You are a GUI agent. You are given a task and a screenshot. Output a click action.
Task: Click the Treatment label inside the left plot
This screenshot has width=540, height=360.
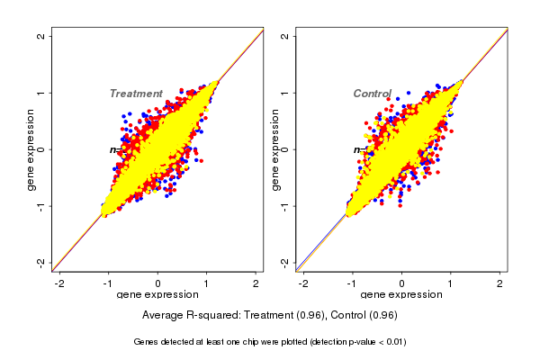click(x=136, y=94)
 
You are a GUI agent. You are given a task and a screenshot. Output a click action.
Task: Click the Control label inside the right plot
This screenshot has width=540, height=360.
click(x=372, y=94)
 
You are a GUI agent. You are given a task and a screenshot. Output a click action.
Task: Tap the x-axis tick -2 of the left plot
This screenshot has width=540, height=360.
click(x=59, y=283)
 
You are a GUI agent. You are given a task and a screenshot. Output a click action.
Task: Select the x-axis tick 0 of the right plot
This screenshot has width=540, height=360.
click(x=401, y=283)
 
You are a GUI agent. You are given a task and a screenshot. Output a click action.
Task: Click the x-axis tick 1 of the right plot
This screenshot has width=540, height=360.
click(x=451, y=283)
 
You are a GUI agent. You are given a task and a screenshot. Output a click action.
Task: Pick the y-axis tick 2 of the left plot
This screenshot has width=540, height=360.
click(x=41, y=36)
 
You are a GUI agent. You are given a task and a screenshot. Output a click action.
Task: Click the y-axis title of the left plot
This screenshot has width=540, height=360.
click(x=31, y=149)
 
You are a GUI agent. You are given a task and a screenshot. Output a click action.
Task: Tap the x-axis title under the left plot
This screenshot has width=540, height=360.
click(x=157, y=295)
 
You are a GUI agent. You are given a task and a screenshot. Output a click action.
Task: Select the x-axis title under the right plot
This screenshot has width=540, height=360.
click(x=401, y=295)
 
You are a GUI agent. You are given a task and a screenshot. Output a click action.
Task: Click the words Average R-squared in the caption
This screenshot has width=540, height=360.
click(x=186, y=315)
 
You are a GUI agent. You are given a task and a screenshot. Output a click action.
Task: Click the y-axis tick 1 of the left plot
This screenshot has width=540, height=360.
click(x=41, y=93)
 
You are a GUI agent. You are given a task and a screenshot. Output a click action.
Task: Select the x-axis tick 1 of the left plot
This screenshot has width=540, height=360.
click(x=206, y=283)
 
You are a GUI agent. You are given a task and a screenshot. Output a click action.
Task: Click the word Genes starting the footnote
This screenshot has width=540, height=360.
click(x=147, y=342)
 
